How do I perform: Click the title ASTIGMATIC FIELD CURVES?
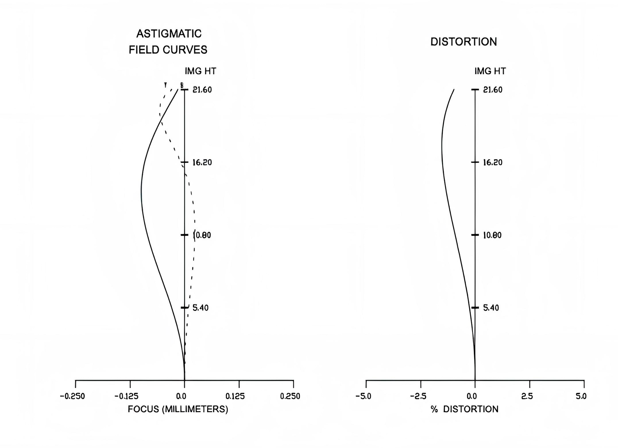coord(168,42)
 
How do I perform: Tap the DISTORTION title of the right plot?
coord(463,42)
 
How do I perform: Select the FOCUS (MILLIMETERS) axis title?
coord(178,409)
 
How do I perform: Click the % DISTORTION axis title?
coord(464,409)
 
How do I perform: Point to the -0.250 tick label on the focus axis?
coord(72,396)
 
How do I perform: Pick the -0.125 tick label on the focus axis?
coord(127,396)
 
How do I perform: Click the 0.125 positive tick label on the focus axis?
coord(235,396)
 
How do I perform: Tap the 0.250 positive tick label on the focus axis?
coord(290,396)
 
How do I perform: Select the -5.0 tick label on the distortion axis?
coord(363,396)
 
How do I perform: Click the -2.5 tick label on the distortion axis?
coord(418,396)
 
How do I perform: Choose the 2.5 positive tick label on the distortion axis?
coord(527,396)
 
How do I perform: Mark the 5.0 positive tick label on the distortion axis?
coord(581,396)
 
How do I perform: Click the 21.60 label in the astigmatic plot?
coord(202,90)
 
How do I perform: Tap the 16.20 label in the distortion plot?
coord(493,163)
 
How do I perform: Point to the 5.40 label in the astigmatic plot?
coord(201,308)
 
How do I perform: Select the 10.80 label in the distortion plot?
coord(492,235)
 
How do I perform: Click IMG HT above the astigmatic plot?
coord(200,71)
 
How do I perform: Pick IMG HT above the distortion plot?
coord(490,71)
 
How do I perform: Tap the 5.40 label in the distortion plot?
coord(491,308)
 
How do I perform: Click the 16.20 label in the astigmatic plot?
coord(202,163)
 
